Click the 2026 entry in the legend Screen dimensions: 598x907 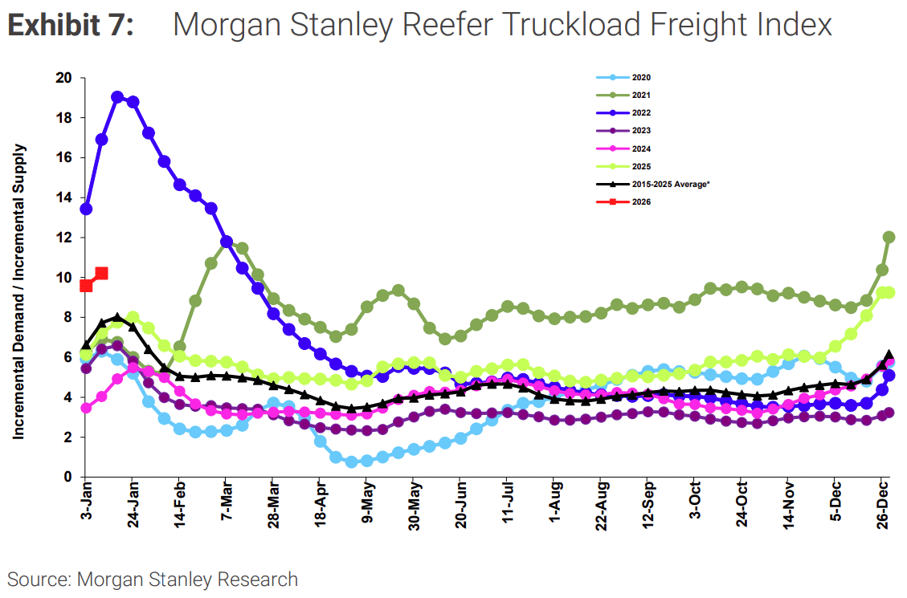(640, 202)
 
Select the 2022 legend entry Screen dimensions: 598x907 (640, 113)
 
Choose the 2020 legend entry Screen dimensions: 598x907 (640, 78)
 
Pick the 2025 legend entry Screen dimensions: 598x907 (640, 167)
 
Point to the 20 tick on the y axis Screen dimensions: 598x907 (64, 78)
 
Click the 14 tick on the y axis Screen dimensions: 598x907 (64, 197)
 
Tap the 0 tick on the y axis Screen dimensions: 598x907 (68, 477)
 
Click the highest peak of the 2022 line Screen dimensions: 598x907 (117, 97)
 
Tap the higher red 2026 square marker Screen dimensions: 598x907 (101, 274)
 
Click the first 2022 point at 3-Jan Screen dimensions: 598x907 (86, 209)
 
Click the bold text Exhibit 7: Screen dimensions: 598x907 (71, 26)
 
